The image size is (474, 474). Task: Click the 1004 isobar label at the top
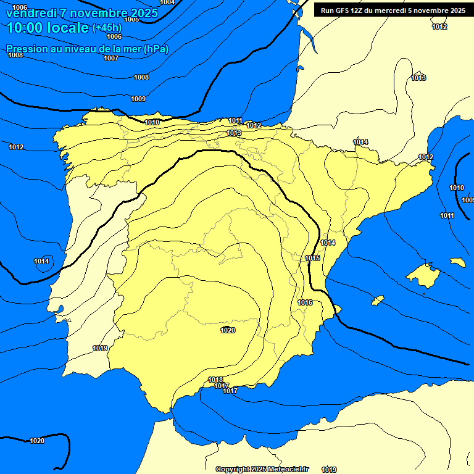click(x=167, y=2)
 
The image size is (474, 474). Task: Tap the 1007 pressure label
click(x=111, y=58)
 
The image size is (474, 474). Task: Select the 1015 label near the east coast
click(x=313, y=258)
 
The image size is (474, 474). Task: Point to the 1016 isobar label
click(x=305, y=302)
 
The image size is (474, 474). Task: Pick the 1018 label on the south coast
click(x=215, y=380)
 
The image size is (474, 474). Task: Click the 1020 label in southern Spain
click(x=228, y=330)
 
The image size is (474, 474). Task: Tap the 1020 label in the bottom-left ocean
click(x=37, y=441)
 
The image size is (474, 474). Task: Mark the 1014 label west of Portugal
click(x=41, y=261)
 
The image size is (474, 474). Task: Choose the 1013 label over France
click(x=419, y=78)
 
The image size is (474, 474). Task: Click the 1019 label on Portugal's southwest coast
click(x=100, y=348)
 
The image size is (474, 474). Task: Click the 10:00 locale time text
click(x=48, y=28)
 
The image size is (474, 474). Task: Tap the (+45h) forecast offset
click(x=107, y=28)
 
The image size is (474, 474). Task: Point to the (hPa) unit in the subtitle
click(x=156, y=49)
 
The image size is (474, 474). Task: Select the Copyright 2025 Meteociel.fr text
click(x=262, y=469)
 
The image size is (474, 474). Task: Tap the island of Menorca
click(x=457, y=262)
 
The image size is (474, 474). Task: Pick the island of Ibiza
click(x=377, y=300)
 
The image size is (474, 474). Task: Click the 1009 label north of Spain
click(x=138, y=99)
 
